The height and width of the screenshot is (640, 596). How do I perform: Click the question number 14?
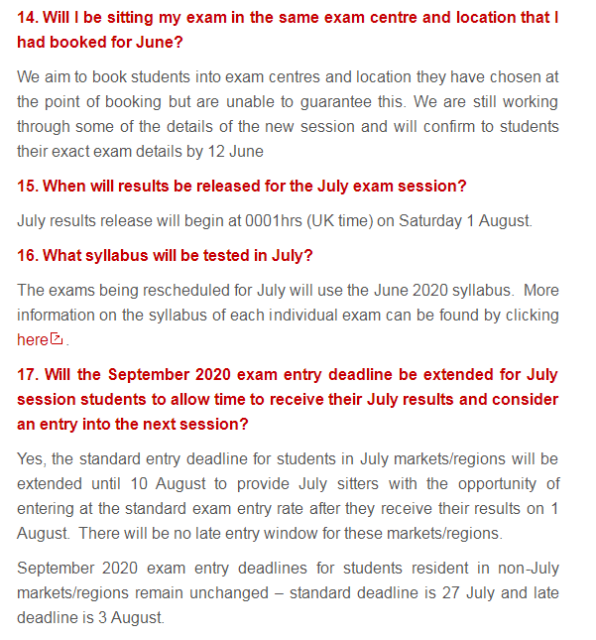pyautogui.click(x=27, y=18)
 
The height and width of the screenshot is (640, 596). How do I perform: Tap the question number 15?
pyautogui.click(x=27, y=186)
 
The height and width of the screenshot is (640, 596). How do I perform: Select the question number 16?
pyautogui.click(x=27, y=255)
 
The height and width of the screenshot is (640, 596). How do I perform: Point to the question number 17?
pyautogui.click(x=27, y=374)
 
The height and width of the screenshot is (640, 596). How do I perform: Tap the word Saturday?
pyautogui.click(x=431, y=220)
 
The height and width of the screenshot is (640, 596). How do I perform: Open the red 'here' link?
pyautogui.click(x=32, y=339)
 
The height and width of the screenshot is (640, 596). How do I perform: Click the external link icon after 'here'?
pyautogui.click(x=57, y=339)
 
